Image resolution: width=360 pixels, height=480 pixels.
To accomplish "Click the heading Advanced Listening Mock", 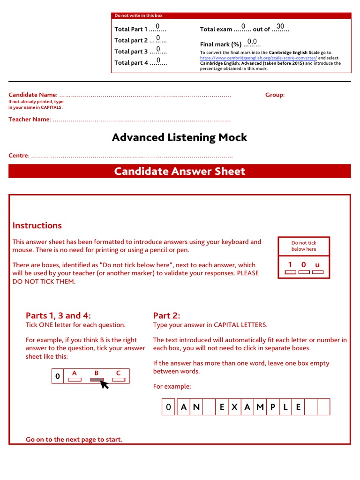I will (x=180, y=137).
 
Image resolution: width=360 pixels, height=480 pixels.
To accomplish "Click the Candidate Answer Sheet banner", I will (x=180, y=171).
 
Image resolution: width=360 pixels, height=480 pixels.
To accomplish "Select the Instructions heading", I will (x=37, y=225).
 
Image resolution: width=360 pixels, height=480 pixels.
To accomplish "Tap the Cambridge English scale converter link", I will (x=258, y=58).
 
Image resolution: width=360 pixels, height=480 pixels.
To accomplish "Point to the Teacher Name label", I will (x=29, y=119).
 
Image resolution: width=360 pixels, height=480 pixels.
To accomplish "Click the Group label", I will (x=275, y=95).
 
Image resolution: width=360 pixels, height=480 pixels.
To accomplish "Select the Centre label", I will (x=19, y=155).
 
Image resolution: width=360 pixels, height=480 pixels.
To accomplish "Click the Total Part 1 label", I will (x=131, y=29).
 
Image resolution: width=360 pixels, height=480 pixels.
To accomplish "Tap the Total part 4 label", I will (x=131, y=63).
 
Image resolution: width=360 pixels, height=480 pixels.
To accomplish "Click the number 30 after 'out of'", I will (x=280, y=26).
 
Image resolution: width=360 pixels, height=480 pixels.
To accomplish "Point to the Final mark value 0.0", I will (x=252, y=42).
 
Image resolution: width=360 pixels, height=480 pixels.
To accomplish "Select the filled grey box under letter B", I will (x=97, y=380).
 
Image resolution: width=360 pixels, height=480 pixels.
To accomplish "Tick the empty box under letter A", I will (x=75, y=380).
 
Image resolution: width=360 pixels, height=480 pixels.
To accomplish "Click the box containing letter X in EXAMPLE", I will (x=234, y=407).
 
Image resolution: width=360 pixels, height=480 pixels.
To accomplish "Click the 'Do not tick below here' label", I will (x=304, y=246).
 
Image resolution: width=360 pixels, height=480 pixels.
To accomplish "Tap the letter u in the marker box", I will (x=317, y=265).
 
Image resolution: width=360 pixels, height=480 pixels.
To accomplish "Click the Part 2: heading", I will (x=166, y=315).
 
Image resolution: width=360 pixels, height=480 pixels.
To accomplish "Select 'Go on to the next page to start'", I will (x=74, y=439).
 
